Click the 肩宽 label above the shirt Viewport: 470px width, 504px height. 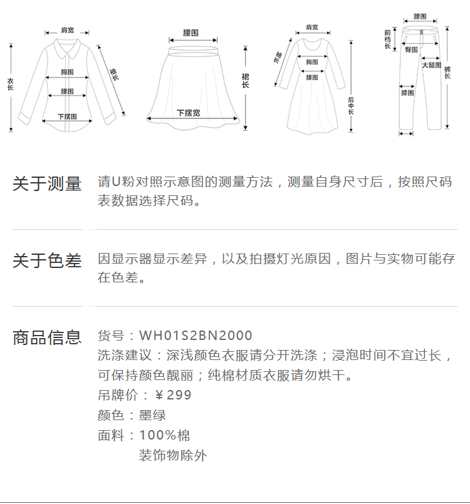pyautogui.click(x=68, y=30)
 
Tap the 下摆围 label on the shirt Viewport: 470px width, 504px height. pyautogui.click(x=68, y=116)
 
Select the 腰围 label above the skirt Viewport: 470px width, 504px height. pyautogui.click(x=191, y=31)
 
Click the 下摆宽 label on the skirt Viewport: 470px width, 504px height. pyautogui.click(x=189, y=113)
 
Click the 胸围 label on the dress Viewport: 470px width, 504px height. pyautogui.click(x=311, y=62)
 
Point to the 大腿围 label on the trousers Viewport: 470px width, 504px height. pyautogui.click(x=431, y=65)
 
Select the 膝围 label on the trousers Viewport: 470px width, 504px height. pyautogui.click(x=407, y=93)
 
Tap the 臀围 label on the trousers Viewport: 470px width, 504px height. pyautogui.click(x=411, y=49)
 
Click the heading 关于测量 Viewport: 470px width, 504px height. pyautogui.click(x=47, y=184)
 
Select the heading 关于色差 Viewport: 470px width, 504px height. pyautogui.click(x=47, y=261)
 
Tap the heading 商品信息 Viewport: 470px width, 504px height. pyautogui.click(x=47, y=338)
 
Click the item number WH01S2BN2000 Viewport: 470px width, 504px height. pyautogui.click(x=196, y=336)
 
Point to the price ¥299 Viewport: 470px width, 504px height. pyautogui.click(x=172, y=395)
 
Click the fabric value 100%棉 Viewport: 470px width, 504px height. pyautogui.click(x=164, y=435)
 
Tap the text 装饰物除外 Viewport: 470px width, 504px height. pyautogui.click(x=172, y=455)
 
